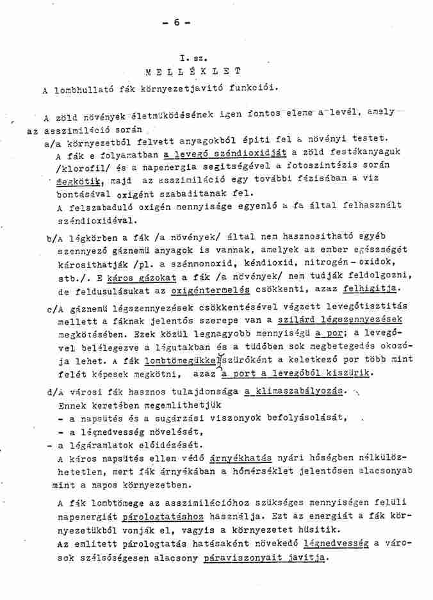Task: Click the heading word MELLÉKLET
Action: [x=194, y=70]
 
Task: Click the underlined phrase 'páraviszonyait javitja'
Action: [x=265, y=558]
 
